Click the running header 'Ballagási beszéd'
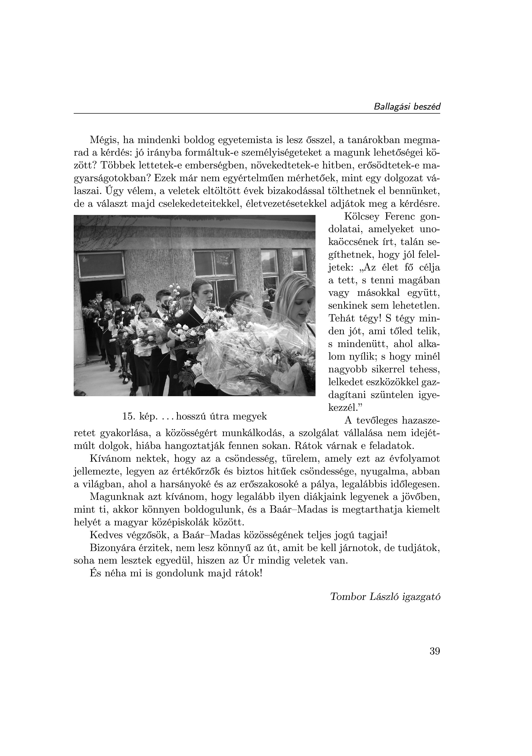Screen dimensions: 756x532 point(407,107)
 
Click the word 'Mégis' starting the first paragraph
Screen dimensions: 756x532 point(103,141)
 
